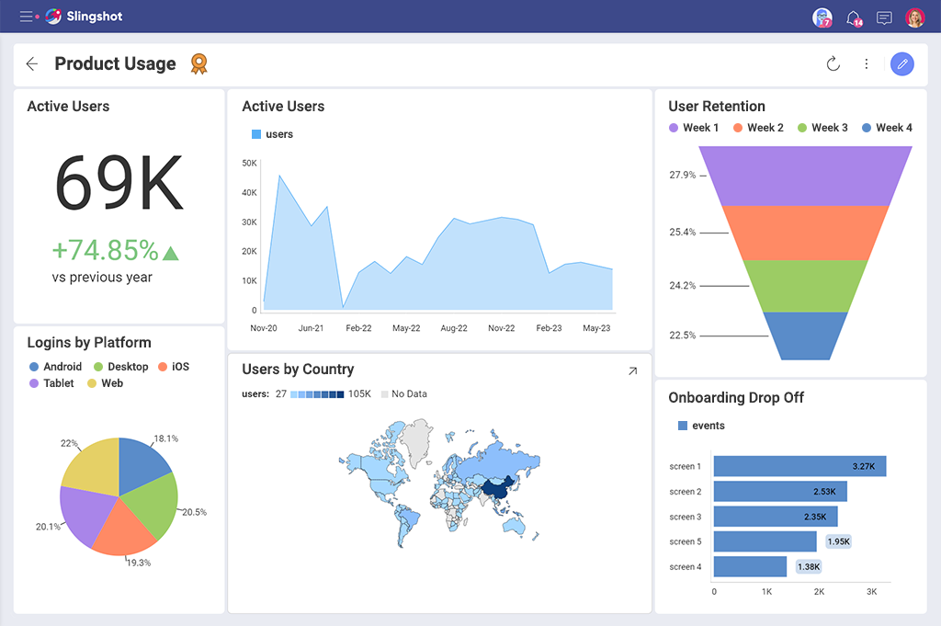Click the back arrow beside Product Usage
point(32,63)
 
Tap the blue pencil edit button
point(902,63)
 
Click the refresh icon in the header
point(833,63)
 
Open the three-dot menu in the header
point(867,63)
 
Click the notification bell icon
point(854,17)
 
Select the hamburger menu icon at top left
point(26,17)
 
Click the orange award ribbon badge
point(198,63)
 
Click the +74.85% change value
point(105,250)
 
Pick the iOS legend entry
point(174,367)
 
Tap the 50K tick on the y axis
point(249,164)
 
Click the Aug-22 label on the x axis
point(454,328)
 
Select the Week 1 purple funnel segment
point(805,176)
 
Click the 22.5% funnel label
point(683,336)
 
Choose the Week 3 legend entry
point(822,128)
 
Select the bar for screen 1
point(799,467)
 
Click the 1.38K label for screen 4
point(809,567)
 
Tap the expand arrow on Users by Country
point(632,371)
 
